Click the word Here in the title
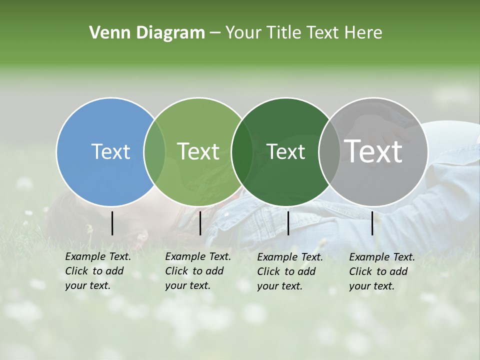pos(363,33)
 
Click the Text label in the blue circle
pos(110,151)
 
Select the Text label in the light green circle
pos(198,151)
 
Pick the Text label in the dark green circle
pos(285,151)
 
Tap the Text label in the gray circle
pos(373,151)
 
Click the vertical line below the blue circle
pos(112,223)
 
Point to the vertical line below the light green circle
pos(200,223)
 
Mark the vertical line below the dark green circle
pos(288,223)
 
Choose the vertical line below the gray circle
pos(372,223)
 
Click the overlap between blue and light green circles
pos(154,151)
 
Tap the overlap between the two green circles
pos(242,151)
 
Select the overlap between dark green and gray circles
pos(329,151)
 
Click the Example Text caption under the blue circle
pos(98,271)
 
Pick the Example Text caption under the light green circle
pos(198,271)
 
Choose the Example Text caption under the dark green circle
pos(290,271)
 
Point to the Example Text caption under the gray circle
pos(382,271)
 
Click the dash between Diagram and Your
pos(215,33)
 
